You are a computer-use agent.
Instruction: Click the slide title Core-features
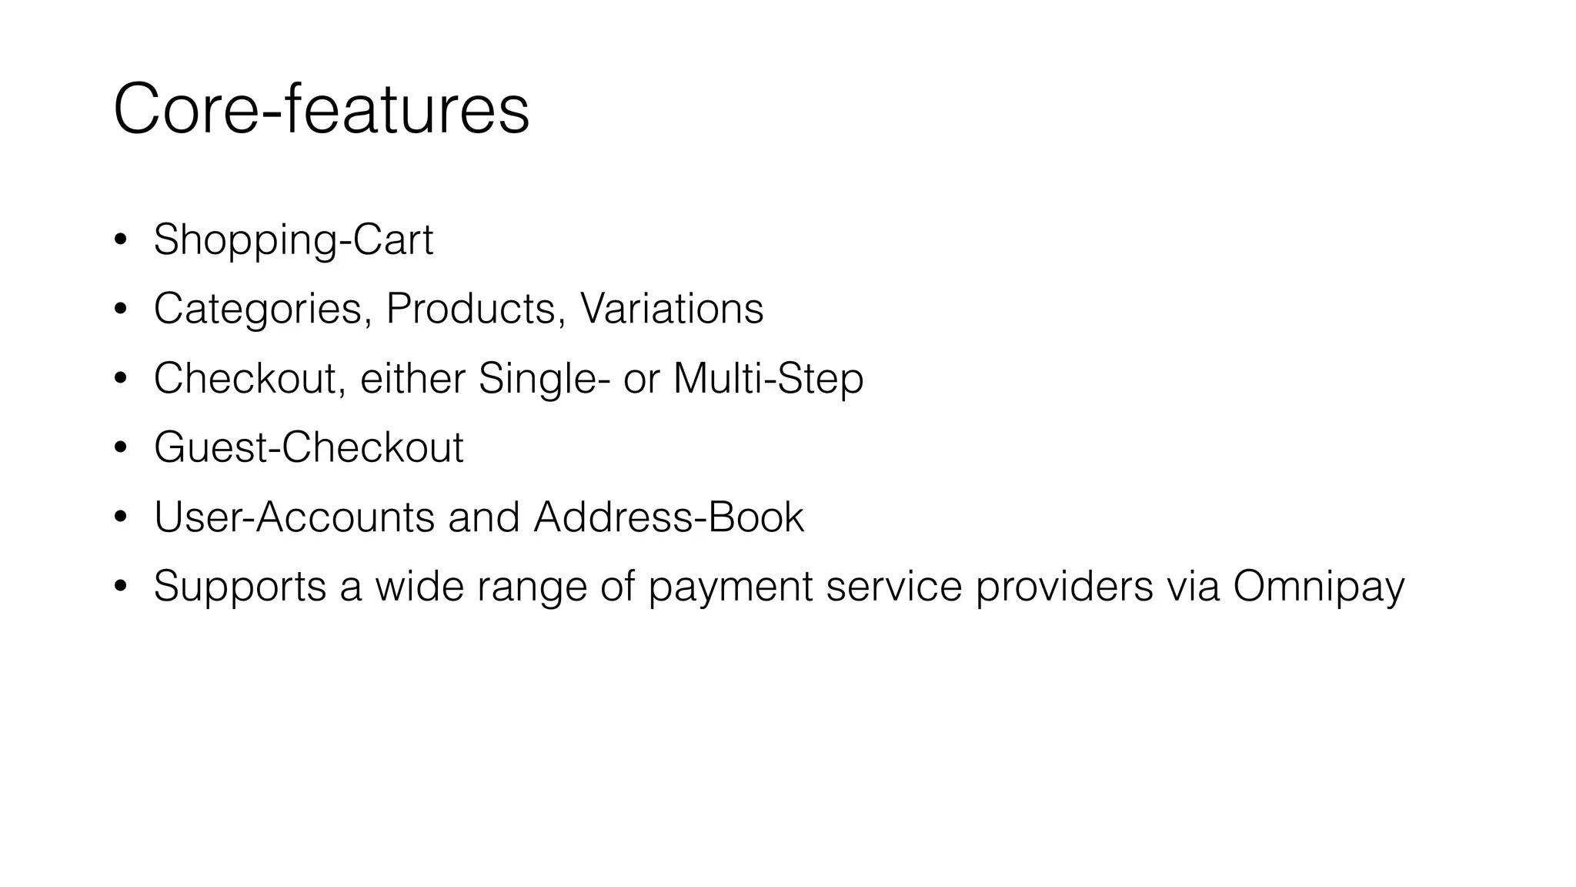(321, 110)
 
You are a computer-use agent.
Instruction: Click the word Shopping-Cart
(293, 240)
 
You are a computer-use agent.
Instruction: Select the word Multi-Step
(768, 379)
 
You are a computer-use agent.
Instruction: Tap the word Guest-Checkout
(309, 447)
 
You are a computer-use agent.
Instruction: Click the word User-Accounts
(294, 517)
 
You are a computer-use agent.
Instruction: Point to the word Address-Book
(669, 517)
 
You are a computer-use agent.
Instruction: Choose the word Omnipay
(1318, 587)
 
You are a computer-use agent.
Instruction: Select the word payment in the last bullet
(730, 587)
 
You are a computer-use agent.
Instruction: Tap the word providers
(1064, 587)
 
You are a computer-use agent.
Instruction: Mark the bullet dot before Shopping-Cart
(120, 240)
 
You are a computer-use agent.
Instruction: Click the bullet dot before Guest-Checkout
(120, 448)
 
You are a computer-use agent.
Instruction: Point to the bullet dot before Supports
(120, 587)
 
